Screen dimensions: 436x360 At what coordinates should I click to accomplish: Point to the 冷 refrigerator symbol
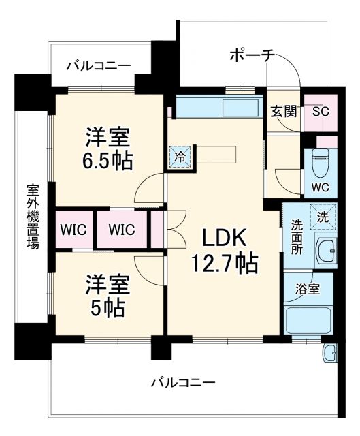180,156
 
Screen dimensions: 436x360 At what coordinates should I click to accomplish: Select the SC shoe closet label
321,112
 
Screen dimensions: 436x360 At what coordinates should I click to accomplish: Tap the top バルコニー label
99,66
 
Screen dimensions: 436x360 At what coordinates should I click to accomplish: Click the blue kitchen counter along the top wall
218,106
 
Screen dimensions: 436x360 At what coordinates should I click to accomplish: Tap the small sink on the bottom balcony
329,352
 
